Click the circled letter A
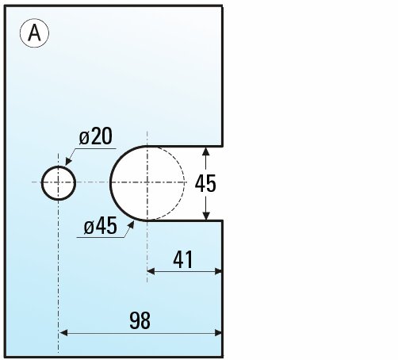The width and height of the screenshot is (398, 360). tap(34, 33)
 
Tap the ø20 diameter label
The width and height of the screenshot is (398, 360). tap(96, 136)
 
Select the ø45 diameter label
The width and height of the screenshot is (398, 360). tap(101, 226)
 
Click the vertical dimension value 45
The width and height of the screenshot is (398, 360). tap(205, 183)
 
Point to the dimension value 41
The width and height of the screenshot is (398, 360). tap(183, 259)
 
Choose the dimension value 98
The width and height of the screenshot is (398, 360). tap(140, 320)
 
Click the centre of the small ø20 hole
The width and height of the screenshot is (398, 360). tap(59, 182)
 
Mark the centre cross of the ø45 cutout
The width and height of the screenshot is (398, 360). tap(147, 182)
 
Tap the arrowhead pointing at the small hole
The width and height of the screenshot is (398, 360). tap(68, 161)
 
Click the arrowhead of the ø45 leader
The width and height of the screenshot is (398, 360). tap(131, 225)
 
